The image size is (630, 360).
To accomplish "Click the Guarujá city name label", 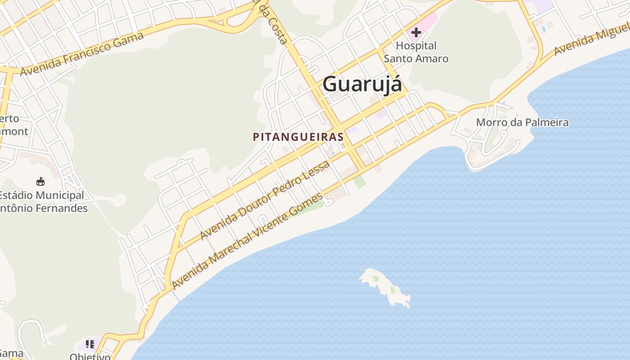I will coord(362,84).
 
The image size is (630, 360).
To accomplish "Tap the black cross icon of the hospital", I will coord(416,32).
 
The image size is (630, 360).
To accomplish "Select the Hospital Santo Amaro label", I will coord(416,52).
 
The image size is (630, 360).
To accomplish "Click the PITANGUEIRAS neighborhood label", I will coord(298,137).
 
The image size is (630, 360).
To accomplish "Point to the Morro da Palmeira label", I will coord(522,122).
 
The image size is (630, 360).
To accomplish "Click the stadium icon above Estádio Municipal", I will coord(40,181).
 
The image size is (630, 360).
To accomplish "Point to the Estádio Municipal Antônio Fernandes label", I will coord(42,202).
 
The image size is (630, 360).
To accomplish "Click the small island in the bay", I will coord(385,287).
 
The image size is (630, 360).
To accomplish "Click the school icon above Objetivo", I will coord(90,344).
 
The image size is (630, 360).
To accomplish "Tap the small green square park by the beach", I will coord(359,182).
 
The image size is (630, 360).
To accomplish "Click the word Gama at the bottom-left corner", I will coord(11,353).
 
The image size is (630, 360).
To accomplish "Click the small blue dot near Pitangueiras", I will coord(333,153).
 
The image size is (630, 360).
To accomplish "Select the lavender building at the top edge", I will coord(544,5).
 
